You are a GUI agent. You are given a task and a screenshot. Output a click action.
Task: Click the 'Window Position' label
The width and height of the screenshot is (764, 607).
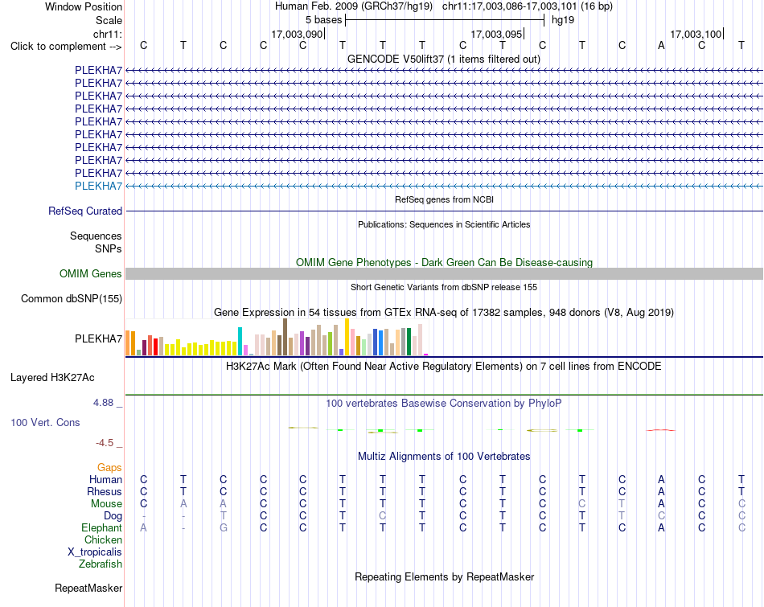(84, 6)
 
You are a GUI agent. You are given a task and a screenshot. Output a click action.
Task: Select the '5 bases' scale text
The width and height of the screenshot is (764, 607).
(323, 20)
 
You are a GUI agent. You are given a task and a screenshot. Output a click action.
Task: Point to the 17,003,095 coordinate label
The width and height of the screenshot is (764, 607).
(496, 34)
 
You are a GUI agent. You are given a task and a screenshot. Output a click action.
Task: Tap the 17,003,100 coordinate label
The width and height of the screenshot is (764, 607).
(696, 34)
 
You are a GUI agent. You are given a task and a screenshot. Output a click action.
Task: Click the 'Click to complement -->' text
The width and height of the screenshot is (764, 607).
(66, 47)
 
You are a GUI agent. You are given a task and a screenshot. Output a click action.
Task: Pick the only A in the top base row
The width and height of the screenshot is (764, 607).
(661, 45)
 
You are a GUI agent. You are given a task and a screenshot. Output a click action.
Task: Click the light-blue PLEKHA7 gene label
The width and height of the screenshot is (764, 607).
(98, 186)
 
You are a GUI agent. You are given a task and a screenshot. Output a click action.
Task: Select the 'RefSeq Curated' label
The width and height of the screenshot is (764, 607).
(85, 211)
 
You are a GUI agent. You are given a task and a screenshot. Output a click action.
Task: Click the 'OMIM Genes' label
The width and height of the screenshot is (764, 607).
(91, 274)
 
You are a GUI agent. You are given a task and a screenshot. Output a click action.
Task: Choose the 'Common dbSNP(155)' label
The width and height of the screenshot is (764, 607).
(72, 298)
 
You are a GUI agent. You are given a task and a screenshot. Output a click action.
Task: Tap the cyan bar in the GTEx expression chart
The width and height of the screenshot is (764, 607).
(240, 341)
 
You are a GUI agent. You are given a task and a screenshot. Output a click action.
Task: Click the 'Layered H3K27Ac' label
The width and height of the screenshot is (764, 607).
(52, 378)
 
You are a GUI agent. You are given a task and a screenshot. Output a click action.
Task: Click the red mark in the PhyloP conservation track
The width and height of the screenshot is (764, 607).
(661, 430)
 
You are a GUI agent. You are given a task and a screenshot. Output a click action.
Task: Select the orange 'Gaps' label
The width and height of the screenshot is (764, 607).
(109, 468)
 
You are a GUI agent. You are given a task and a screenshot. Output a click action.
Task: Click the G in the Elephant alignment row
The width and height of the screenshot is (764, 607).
(223, 527)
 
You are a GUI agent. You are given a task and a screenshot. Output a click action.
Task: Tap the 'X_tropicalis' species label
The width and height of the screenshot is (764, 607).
(95, 552)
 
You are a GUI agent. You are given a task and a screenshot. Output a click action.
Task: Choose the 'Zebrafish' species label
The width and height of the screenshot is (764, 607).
(101, 564)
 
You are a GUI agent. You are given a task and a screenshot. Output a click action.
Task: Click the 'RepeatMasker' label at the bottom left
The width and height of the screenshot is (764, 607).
(88, 588)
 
